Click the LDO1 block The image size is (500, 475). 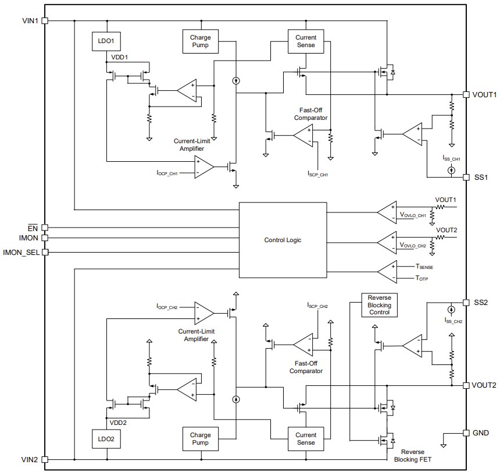tap(106, 42)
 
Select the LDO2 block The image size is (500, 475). tap(106, 439)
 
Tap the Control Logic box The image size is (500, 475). tap(283, 240)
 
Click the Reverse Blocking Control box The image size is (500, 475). tap(379, 305)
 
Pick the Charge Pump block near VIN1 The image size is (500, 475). tap(200, 41)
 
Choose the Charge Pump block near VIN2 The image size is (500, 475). tap(200, 439)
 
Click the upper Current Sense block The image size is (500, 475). tap(302, 41)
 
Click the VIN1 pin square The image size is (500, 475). tap(45, 20)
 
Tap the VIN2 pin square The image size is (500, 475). tap(45, 459)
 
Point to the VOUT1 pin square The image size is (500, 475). tap(466, 94)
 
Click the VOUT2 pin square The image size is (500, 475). tap(466, 385)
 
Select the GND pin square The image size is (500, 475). tap(466, 433)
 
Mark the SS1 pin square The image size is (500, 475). tap(466, 177)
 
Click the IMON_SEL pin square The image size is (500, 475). tap(45, 252)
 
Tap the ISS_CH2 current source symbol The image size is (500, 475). tap(451, 310)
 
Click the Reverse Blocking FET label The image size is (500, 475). tap(412, 456)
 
